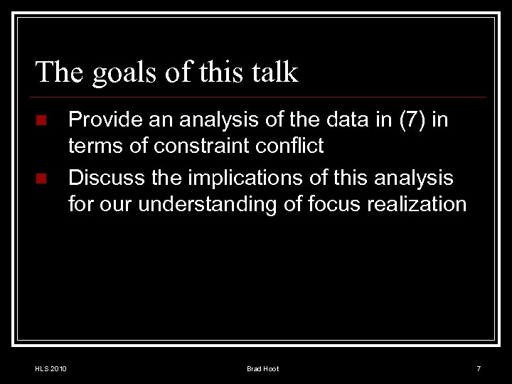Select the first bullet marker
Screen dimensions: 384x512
(x=42, y=120)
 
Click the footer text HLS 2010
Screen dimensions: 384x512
(x=50, y=368)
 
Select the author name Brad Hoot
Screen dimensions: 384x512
(x=262, y=368)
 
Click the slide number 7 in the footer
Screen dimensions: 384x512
(x=479, y=368)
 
